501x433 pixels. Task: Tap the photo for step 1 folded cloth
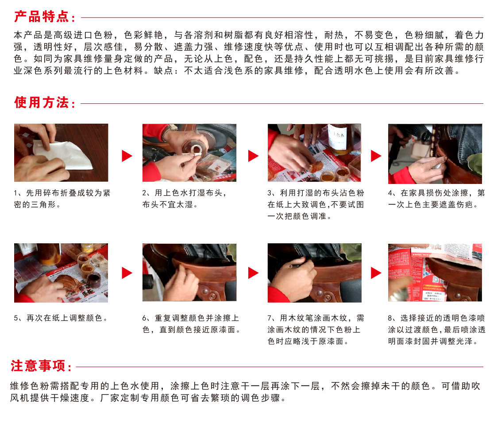tap(61, 152)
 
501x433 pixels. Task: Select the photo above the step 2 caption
tap(189, 152)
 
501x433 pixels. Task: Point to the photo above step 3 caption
tap(314, 152)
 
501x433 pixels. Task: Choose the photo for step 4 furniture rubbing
tap(435, 154)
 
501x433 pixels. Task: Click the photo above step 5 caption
tap(61, 273)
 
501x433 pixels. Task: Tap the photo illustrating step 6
tap(189, 273)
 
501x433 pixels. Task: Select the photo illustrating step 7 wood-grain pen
tap(314, 273)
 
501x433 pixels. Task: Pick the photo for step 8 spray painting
tap(435, 273)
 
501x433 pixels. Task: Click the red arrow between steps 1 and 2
tap(127, 156)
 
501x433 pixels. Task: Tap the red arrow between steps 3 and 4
tap(376, 156)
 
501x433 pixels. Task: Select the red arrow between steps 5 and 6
tap(127, 273)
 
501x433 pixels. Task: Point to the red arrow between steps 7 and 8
tap(376, 273)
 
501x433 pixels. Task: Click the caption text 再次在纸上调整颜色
tap(64, 318)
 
